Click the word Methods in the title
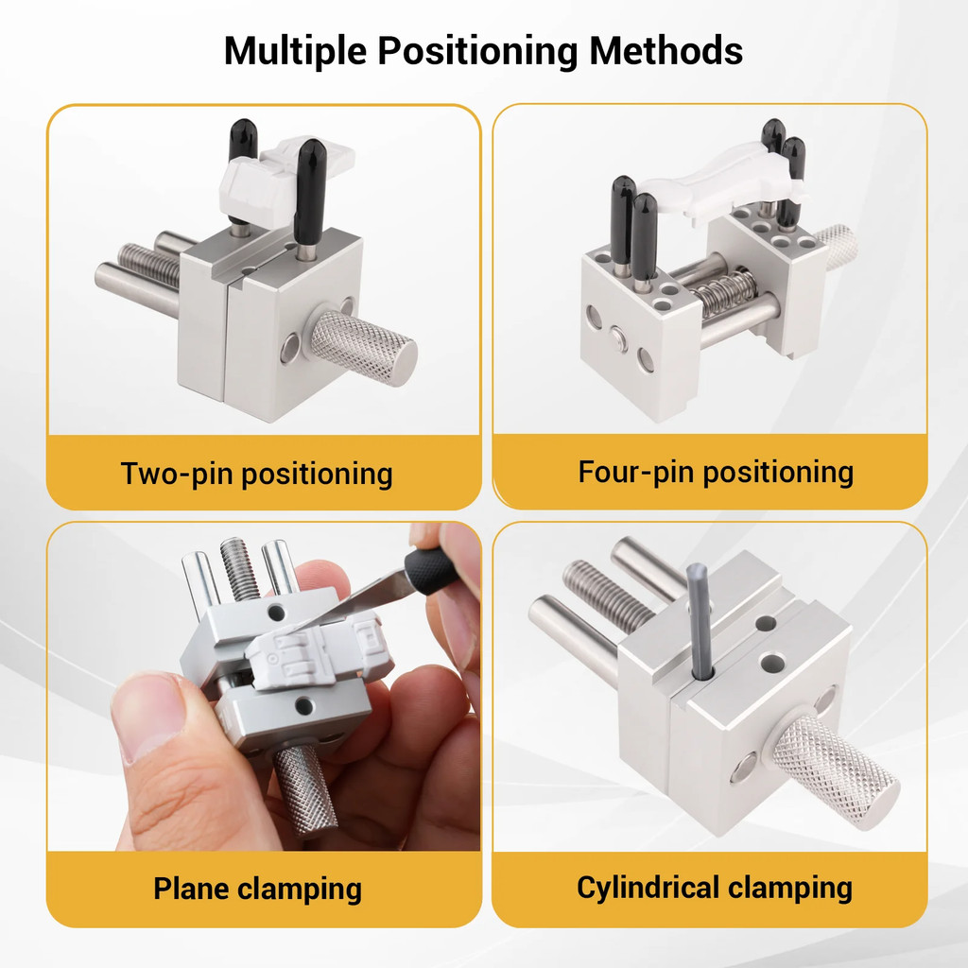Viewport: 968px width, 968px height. point(666,51)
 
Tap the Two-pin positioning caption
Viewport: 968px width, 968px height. point(256,473)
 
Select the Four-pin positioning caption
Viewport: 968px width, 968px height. point(716,472)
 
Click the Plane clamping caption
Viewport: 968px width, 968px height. point(257,889)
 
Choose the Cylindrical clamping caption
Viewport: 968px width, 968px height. point(715,888)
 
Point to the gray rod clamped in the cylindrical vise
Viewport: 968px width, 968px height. point(699,619)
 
